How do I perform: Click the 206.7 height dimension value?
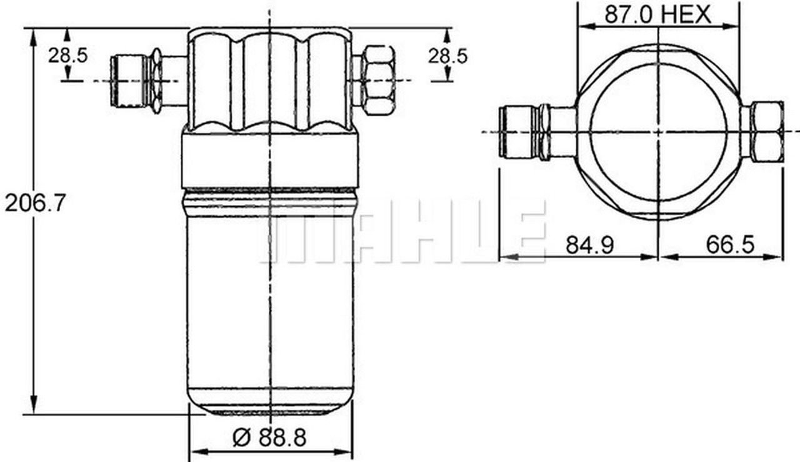point(35,203)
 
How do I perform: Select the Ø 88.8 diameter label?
point(270,438)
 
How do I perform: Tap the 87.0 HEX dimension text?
point(657,14)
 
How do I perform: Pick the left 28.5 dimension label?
point(68,56)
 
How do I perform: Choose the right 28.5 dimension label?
point(447,56)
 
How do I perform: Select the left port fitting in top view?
point(522,132)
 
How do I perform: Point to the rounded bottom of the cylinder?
point(270,403)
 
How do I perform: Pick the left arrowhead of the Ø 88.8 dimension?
point(194,451)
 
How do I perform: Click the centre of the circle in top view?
point(659,132)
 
